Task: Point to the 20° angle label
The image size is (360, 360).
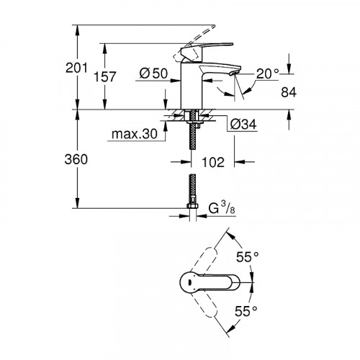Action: pyautogui.click(x=266, y=74)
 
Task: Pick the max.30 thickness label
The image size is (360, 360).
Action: pyautogui.click(x=135, y=133)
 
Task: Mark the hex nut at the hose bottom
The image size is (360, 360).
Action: pyautogui.click(x=192, y=209)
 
